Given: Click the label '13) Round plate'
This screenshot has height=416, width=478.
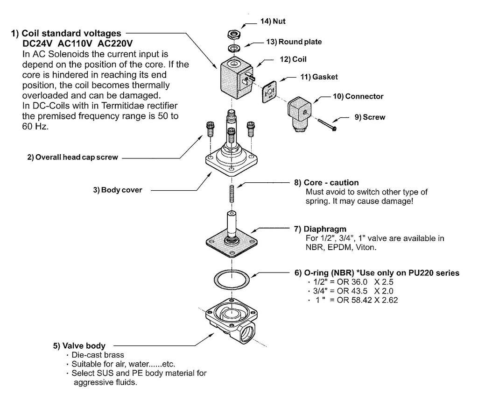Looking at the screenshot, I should pyautogui.click(x=294, y=42).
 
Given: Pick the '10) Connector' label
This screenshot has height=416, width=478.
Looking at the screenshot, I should pyautogui.click(x=358, y=96).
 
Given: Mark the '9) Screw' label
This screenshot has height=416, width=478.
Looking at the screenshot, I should pyautogui.click(x=370, y=117).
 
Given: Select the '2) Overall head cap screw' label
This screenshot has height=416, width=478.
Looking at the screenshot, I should pyautogui.click(x=72, y=158).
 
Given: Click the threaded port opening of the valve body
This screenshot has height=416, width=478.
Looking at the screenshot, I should pyautogui.click(x=247, y=335).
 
